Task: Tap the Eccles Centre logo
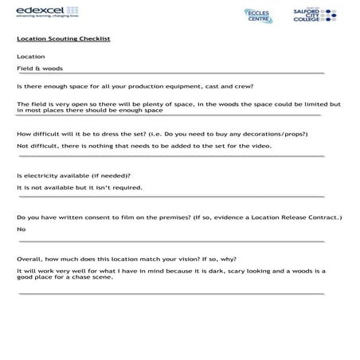click(x=256, y=16)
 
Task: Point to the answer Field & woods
click(x=40, y=68)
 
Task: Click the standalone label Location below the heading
click(x=30, y=56)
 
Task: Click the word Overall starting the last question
click(x=29, y=258)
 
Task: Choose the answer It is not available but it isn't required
click(x=80, y=187)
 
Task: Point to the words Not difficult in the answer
click(x=37, y=146)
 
